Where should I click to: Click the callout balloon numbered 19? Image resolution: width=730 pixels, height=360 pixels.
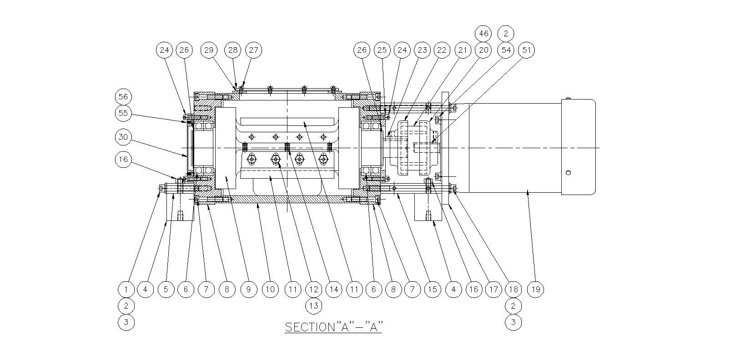pyautogui.click(x=536, y=289)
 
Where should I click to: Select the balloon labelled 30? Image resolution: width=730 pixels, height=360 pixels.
pyautogui.click(x=123, y=137)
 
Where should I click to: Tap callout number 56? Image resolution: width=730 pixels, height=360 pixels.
pyautogui.click(x=123, y=97)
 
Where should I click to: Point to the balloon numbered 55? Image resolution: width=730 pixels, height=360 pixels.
pyautogui.click(x=123, y=113)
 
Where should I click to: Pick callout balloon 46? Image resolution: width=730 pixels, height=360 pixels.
pyautogui.click(x=483, y=34)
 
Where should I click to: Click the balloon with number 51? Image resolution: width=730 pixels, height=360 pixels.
pyautogui.click(x=527, y=50)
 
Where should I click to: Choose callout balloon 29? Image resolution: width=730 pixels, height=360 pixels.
pyautogui.click(x=209, y=50)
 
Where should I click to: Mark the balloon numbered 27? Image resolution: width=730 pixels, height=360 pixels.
pyautogui.click(x=253, y=50)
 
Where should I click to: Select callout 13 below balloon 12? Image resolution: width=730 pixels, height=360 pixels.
pyautogui.click(x=313, y=306)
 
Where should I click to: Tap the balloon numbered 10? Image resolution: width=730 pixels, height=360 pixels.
pyautogui.click(x=270, y=289)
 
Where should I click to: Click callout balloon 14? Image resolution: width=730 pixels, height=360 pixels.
pyautogui.click(x=334, y=289)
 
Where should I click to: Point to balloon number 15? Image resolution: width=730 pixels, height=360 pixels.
pyautogui.click(x=433, y=289)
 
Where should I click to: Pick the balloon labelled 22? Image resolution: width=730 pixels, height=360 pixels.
pyautogui.click(x=442, y=50)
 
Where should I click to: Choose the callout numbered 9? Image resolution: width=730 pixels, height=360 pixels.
pyautogui.click(x=249, y=289)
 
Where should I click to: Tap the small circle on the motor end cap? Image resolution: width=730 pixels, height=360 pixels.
pyautogui.click(x=568, y=173)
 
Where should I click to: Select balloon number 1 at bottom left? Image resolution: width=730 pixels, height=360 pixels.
pyautogui.click(x=126, y=289)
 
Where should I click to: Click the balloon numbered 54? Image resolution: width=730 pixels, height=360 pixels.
pyautogui.click(x=506, y=50)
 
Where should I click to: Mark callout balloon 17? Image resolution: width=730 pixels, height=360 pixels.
pyautogui.click(x=493, y=289)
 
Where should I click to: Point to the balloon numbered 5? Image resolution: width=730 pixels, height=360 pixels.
pyautogui.click(x=166, y=289)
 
